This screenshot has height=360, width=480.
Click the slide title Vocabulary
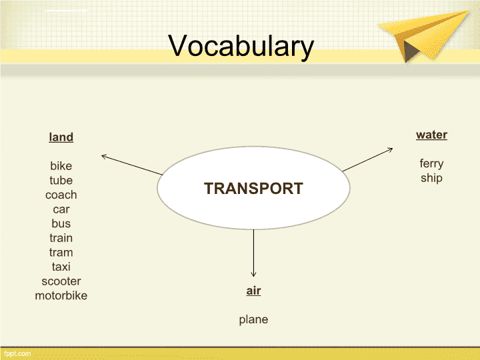241,47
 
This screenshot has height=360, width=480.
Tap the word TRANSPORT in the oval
253,188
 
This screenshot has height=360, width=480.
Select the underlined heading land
61,137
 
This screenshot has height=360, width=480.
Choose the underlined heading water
431,135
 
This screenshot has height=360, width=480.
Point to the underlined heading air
253,291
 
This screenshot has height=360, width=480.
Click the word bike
61,166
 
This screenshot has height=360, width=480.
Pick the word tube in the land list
61,180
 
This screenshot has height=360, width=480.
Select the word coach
61,195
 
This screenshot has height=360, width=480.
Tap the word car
61,209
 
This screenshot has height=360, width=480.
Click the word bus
61,223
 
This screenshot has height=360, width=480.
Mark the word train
61,238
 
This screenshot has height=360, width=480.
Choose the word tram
61,253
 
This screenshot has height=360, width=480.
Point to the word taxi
61,267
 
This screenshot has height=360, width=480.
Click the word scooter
61,281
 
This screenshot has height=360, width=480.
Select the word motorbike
61,296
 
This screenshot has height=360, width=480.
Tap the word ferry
431,164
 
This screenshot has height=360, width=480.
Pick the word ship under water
431,178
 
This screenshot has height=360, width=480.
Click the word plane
253,320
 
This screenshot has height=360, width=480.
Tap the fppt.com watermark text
17,354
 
